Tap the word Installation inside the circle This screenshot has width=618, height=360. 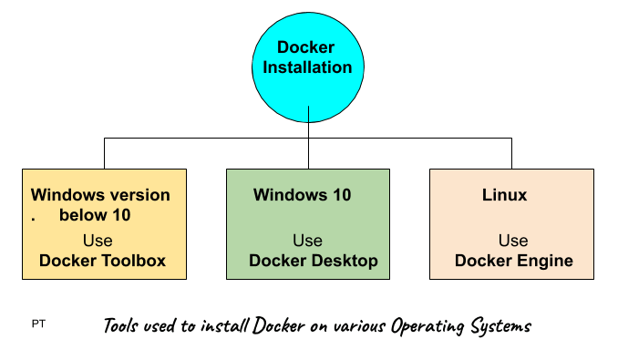(308, 67)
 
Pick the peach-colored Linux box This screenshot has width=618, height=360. (512, 223)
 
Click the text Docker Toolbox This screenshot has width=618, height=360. (102, 261)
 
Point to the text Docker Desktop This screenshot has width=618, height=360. (313, 262)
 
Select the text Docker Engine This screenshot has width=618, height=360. (513, 262)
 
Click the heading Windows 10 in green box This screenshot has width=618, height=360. (302, 195)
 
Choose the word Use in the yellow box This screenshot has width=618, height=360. (98, 241)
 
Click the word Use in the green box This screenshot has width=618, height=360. (307, 241)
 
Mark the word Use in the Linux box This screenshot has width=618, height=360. (513, 241)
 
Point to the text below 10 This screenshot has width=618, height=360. (95, 216)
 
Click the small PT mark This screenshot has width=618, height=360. (38, 324)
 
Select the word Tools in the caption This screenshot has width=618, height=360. (122, 325)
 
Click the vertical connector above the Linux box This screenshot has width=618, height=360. (512, 153)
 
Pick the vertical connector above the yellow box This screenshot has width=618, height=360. (104, 153)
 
